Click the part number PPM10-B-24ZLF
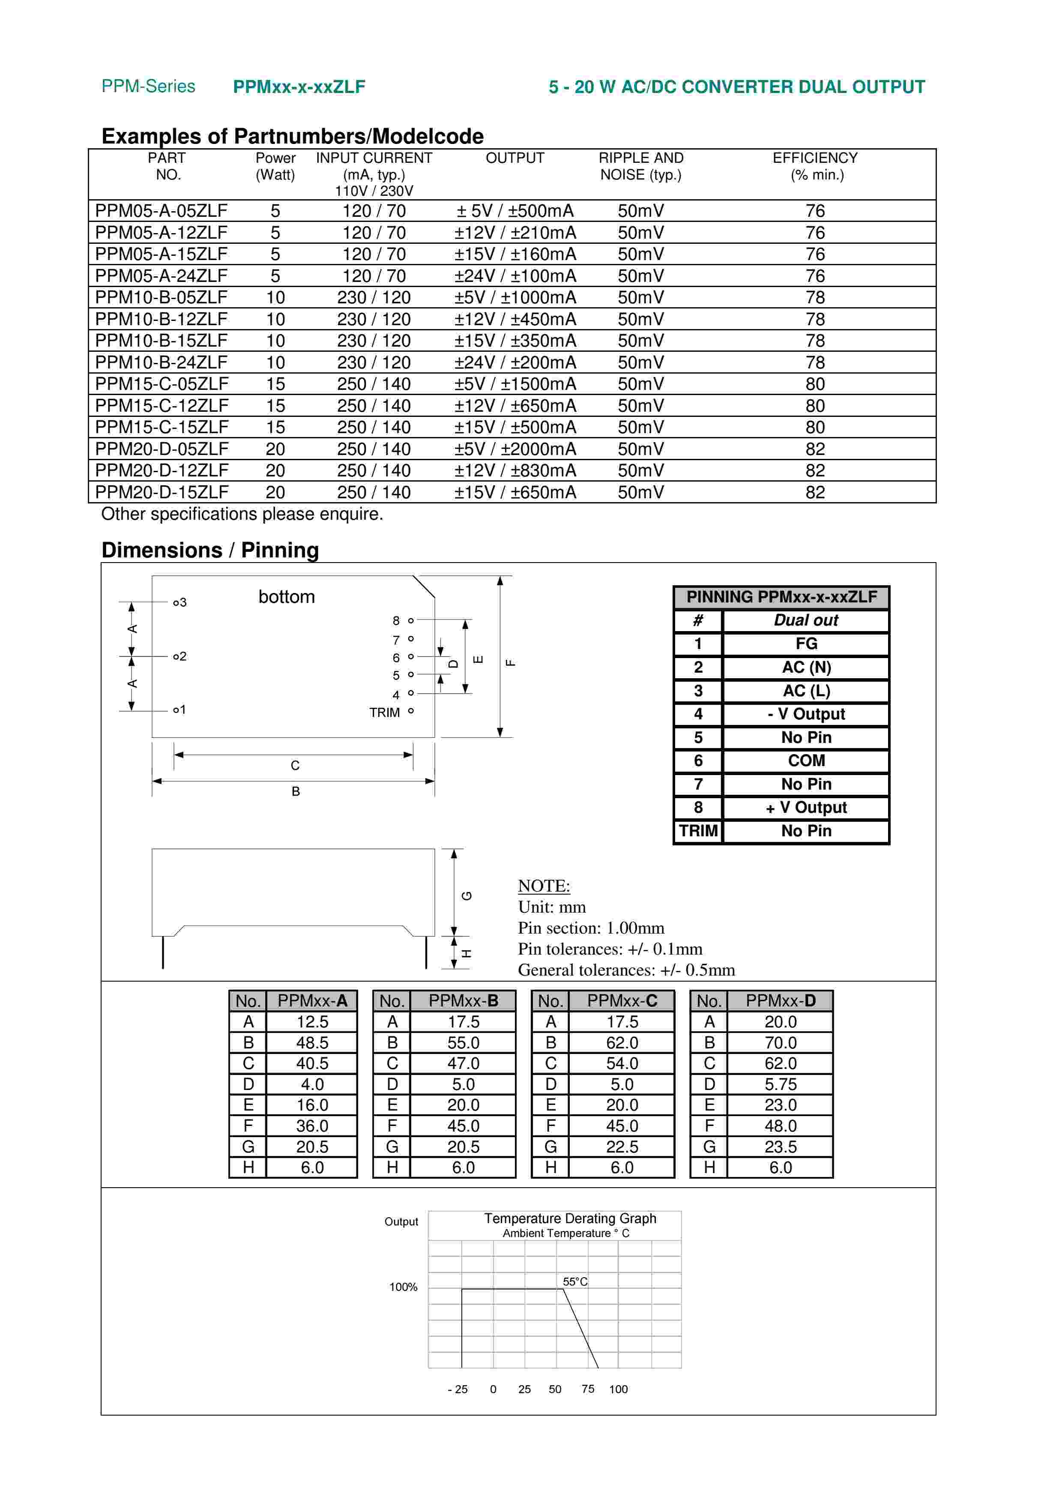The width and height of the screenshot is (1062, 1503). point(161,362)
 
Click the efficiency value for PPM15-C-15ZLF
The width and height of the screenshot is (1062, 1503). point(815,428)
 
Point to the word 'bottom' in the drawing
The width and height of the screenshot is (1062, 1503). point(287,597)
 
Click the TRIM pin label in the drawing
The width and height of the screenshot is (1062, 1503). point(384,712)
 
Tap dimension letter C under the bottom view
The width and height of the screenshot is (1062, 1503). point(295,765)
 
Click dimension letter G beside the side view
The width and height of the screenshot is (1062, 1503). point(467,895)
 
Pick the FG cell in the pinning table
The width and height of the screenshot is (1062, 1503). point(806,644)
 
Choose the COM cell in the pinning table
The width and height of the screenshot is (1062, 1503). point(806,760)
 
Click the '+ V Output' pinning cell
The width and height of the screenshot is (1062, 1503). point(806,808)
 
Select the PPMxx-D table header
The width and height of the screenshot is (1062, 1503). point(780,1001)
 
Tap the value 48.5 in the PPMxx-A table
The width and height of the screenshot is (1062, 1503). point(312,1043)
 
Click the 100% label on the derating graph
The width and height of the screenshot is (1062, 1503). point(403,1287)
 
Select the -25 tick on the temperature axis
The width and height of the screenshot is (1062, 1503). point(458,1389)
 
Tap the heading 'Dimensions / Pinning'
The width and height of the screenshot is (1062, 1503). point(210,550)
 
